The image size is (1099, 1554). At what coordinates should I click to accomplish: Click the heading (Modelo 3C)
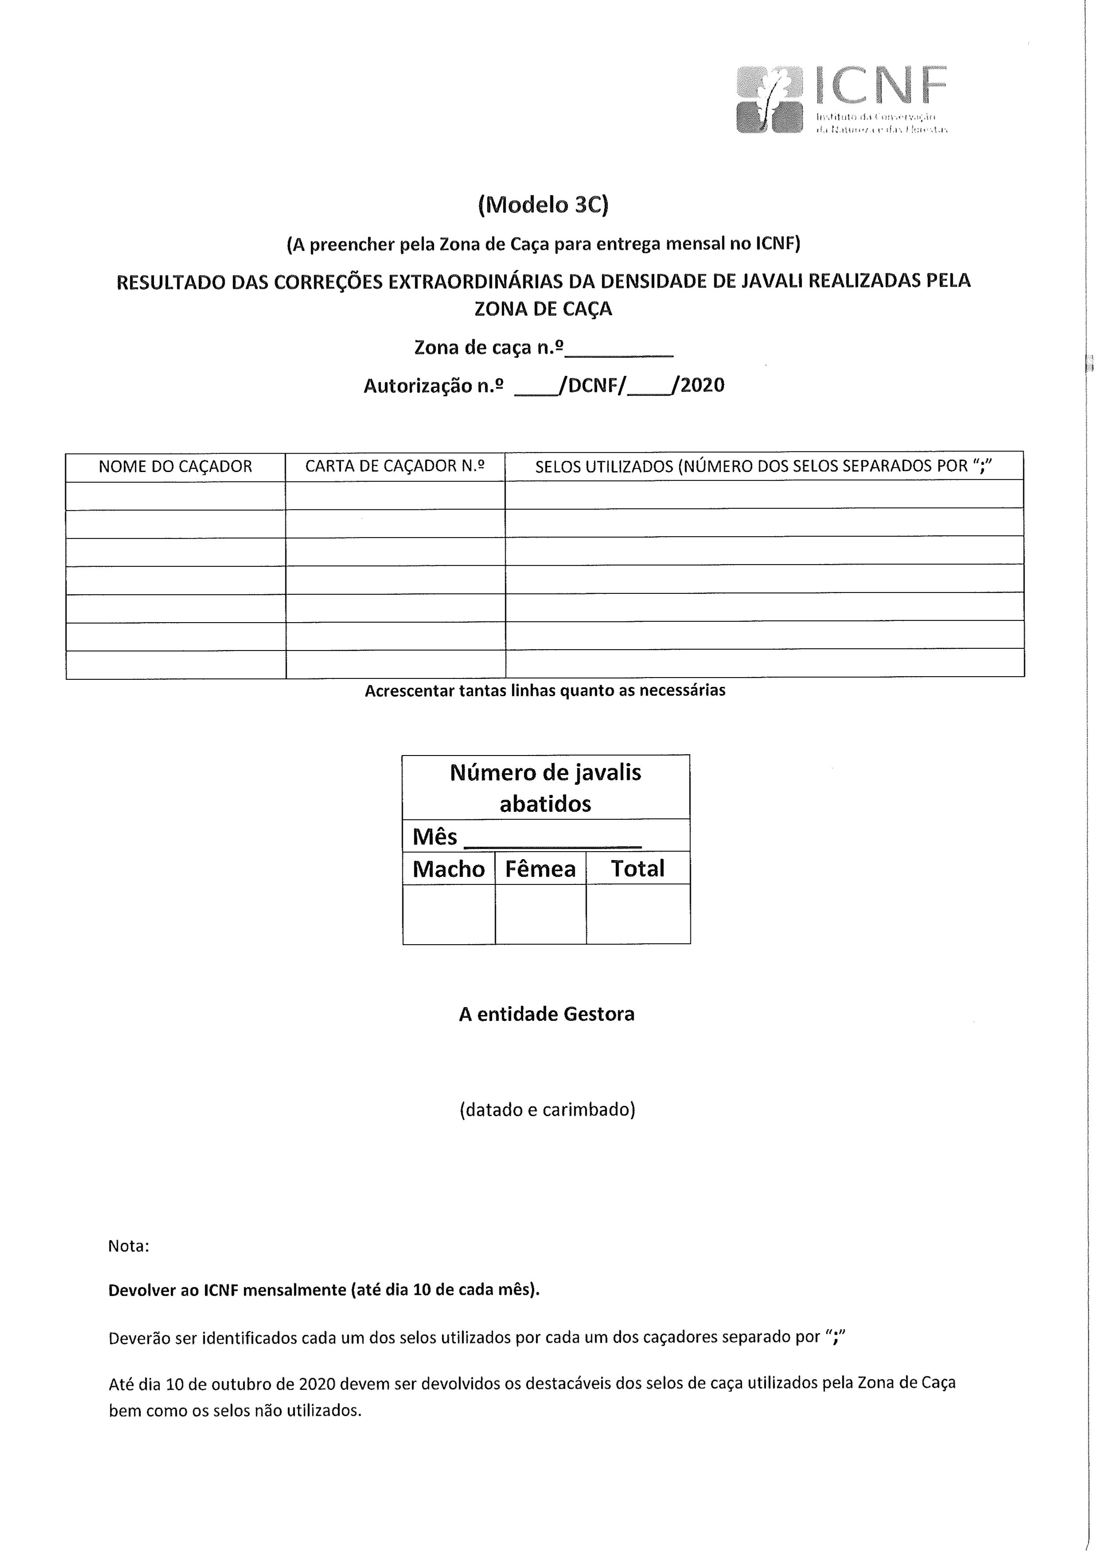pos(543,205)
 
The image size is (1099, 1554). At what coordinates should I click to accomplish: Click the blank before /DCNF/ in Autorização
pos(534,387)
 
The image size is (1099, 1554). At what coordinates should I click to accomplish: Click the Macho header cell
pos(448,868)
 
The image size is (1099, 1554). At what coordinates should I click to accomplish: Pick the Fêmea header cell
pos(540,868)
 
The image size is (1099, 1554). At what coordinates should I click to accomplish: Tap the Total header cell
pos(637,868)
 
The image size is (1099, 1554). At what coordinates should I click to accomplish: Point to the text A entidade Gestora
pos(546,1014)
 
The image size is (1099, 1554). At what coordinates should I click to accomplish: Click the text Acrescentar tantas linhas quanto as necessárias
pos(545,691)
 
